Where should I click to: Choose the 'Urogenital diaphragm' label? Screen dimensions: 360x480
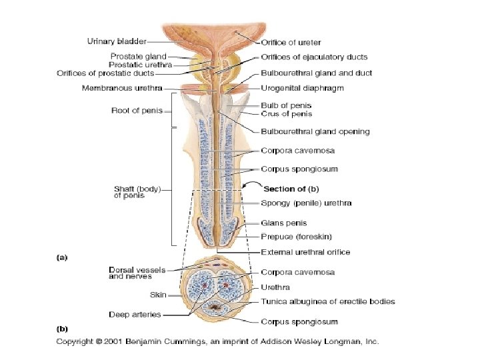click(302, 87)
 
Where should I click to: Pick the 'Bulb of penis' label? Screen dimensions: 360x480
click(286, 105)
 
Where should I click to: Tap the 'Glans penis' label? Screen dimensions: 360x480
click(283, 223)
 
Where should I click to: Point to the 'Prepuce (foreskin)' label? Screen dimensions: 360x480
click(296, 236)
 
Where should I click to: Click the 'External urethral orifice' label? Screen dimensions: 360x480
click(305, 252)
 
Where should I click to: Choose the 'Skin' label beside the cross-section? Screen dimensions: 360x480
click(157, 293)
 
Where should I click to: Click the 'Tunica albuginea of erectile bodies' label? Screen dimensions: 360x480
click(327, 301)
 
